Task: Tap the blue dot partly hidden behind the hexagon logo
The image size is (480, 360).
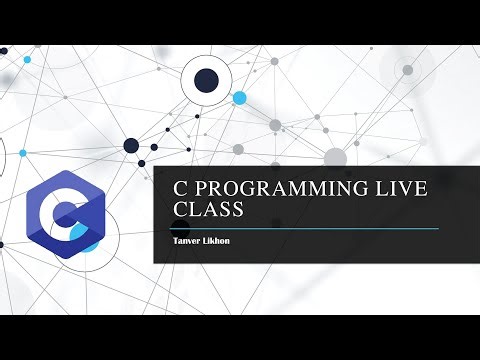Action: [92, 243]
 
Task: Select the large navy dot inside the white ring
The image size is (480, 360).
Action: [206, 80]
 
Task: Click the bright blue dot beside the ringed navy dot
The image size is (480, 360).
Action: [239, 98]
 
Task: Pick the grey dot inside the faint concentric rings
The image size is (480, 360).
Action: [407, 70]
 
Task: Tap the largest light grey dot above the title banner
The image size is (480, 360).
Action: [335, 157]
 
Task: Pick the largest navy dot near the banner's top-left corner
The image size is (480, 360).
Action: [131, 146]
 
